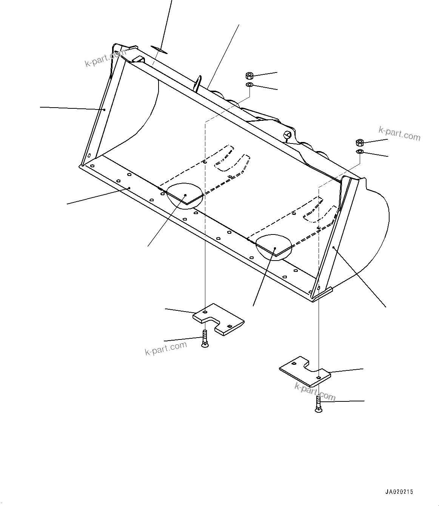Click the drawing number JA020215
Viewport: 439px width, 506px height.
coord(399,492)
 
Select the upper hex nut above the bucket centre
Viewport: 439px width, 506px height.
coord(249,75)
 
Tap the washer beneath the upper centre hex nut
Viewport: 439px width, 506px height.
coord(249,85)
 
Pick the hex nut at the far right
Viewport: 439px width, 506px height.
coord(360,143)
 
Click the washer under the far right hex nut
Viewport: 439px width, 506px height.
coord(360,151)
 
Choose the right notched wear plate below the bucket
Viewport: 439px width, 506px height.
coord(305,371)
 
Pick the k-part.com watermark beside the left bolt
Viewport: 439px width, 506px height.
coord(166,348)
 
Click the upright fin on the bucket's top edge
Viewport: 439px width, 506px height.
coord(198,83)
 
